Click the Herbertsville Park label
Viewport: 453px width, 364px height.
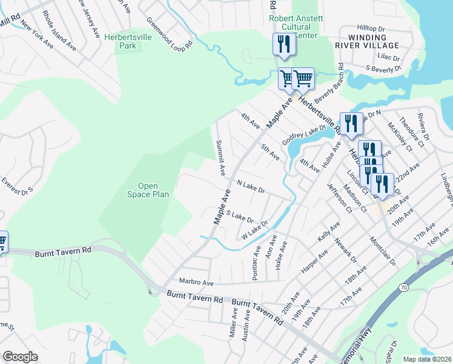pyautogui.click(x=127, y=41)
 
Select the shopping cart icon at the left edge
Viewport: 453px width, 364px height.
pyautogui.click(x=2, y=241)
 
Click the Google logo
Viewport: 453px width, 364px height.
pyautogui.click(x=21, y=357)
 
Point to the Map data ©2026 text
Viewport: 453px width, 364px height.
pyautogui.click(x=427, y=359)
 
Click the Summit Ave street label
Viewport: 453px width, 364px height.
pyautogui.click(x=221, y=155)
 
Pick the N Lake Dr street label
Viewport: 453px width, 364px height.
pyautogui.click(x=251, y=186)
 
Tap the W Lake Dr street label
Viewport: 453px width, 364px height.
pyautogui.click(x=254, y=231)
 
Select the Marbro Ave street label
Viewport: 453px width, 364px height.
pyautogui.click(x=197, y=282)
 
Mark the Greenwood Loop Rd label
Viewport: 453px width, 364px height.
pyautogui.click(x=170, y=32)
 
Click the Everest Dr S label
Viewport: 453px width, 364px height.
pyautogui.click(x=17, y=185)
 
